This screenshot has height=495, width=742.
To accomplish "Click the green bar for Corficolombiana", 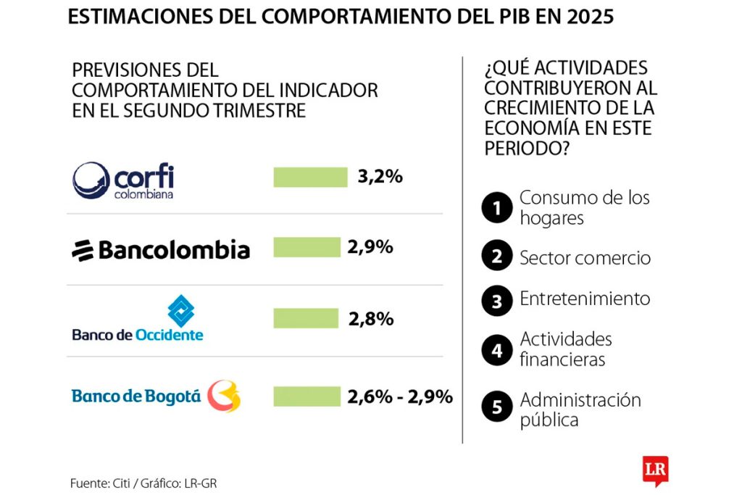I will tap(310, 178).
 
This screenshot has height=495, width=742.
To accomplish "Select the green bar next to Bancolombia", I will tap(307, 247).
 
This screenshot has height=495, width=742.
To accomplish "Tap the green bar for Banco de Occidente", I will tap(306, 318).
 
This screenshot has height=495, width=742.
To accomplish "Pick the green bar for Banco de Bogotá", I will tap(307, 396).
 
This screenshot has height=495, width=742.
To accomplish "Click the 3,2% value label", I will tap(380, 177).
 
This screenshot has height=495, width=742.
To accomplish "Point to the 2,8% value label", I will tap(370, 318).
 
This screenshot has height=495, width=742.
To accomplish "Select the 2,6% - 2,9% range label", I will tap(400, 396).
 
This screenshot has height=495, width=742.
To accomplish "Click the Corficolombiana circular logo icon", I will tap(91, 180).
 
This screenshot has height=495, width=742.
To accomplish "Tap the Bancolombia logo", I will tap(160, 250).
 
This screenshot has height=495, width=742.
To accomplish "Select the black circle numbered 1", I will tap(497, 209).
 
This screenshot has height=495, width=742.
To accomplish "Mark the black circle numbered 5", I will tap(497, 407).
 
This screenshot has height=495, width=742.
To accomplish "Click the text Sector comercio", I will tap(585, 258).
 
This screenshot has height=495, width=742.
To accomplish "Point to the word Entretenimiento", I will tap(585, 299).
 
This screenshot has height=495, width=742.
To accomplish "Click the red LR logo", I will tap(654, 469).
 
